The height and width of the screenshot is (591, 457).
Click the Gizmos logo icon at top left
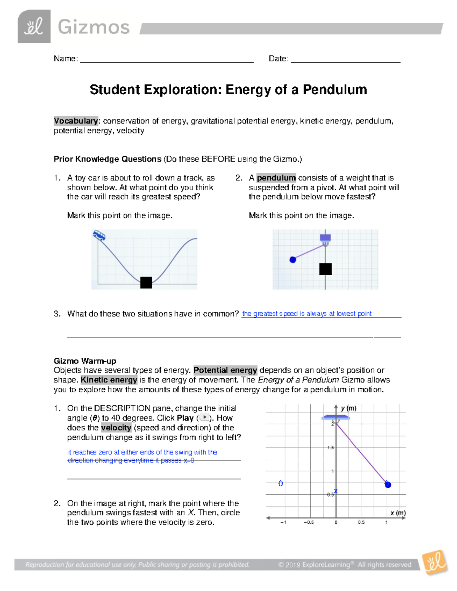pyautogui.click(x=34, y=26)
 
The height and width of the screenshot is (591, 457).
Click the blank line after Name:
pyautogui.click(x=166, y=59)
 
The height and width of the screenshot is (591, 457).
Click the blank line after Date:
pyautogui.click(x=345, y=59)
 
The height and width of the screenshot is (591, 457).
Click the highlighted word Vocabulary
pyautogui.click(x=76, y=121)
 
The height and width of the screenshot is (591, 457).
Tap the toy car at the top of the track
pyautogui.click(x=99, y=236)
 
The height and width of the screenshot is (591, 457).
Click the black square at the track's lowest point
pyautogui.click(x=146, y=282)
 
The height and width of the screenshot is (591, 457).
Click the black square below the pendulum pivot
pyautogui.click(x=325, y=269)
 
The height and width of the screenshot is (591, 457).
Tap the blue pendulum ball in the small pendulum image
pyautogui.click(x=293, y=260)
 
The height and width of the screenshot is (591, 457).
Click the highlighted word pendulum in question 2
pyautogui.click(x=276, y=178)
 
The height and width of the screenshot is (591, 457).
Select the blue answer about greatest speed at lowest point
pyautogui.click(x=307, y=314)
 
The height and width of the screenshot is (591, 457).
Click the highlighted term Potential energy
pyautogui.click(x=225, y=370)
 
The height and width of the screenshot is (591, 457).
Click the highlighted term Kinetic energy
pyautogui.click(x=109, y=380)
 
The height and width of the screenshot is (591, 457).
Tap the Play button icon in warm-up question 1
pyautogui.click(x=205, y=417)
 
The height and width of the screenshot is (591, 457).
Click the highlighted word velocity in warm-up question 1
pyautogui.click(x=116, y=427)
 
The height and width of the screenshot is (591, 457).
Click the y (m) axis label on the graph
pyautogui.click(x=348, y=408)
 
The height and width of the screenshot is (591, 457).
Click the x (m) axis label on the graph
pyautogui.click(x=398, y=513)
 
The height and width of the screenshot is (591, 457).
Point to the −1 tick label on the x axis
pyautogui.click(x=283, y=523)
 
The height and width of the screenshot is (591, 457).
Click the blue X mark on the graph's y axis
pyautogui.click(x=336, y=491)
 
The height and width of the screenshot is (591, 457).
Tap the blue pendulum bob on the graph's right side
pyautogui.click(x=388, y=484)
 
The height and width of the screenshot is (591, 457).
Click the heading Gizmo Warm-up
pyautogui.click(x=85, y=361)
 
